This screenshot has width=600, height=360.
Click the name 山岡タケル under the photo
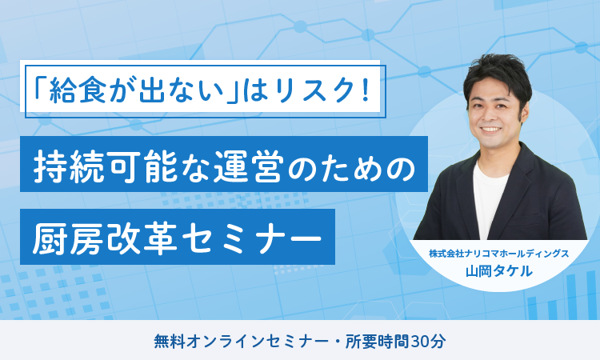click(x=499, y=271)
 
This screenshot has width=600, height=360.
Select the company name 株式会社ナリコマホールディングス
click(x=499, y=254)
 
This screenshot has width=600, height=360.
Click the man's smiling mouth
click(x=491, y=130)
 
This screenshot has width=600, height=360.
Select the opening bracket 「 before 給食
click(x=40, y=87)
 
